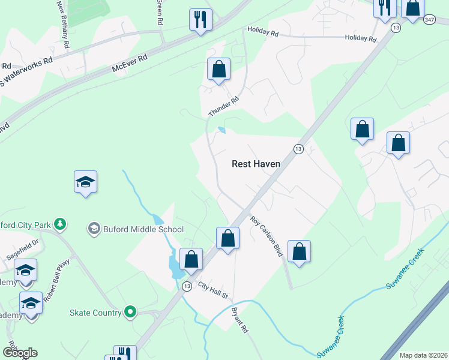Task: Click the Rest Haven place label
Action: pyautogui.click(x=258, y=163)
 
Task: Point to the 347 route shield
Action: pyautogui.click(x=429, y=20)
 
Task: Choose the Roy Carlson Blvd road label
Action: pyautogui.click(x=267, y=237)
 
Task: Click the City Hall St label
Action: pyautogui.click(x=214, y=292)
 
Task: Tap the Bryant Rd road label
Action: pyautogui.click(x=240, y=320)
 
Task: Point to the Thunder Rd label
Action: pyautogui.click(x=224, y=107)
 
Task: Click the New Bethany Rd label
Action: pyautogui.click(x=63, y=24)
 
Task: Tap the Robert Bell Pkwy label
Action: pyautogui.click(x=61, y=280)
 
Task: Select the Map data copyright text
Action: pyautogui.click(x=423, y=355)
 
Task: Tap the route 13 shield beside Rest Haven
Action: pyautogui.click(x=298, y=148)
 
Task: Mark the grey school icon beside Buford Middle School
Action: pyautogui.click(x=94, y=229)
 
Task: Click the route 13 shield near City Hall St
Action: pyautogui.click(x=187, y=286)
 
